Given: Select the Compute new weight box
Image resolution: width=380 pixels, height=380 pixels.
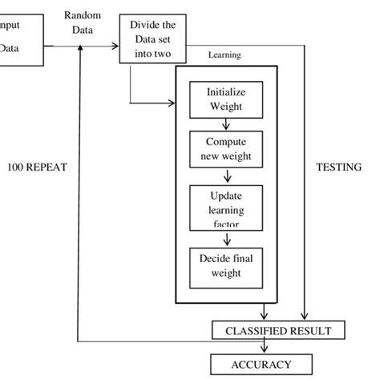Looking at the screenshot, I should [x=227, y=148].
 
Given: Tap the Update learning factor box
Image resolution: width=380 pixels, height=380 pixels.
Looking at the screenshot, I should [x=227, y=207].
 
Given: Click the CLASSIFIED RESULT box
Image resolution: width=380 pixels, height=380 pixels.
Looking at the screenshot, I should [x=277, y=329].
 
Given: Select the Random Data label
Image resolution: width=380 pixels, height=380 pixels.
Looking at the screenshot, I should [x=82, y=22].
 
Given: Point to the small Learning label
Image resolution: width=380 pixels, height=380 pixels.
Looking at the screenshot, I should [x=224, y=56].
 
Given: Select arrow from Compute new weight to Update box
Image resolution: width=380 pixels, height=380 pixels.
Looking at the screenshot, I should [x=227, y=176].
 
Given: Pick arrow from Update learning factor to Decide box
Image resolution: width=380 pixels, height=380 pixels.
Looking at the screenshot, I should [x=227, y=239].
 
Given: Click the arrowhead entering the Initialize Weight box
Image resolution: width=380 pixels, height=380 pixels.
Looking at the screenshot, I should [x=172, y=103].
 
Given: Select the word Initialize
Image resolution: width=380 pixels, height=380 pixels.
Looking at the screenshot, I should [x=227, y=92].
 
